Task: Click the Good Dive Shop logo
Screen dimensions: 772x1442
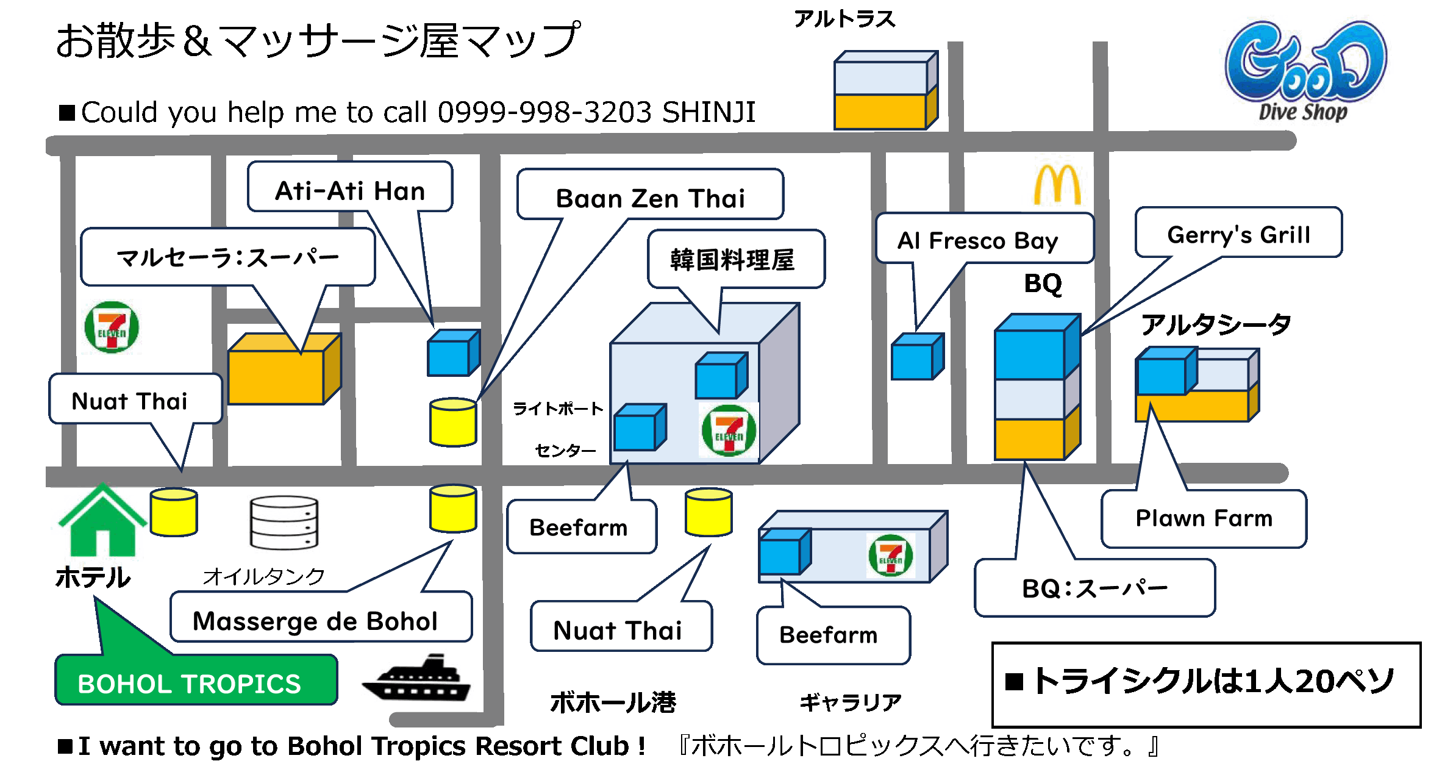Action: coord(1305,71)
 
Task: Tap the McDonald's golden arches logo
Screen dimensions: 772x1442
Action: coord(1057,184)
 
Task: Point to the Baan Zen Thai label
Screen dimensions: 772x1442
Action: coord(650,198)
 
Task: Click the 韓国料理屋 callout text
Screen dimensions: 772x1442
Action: coord(732,260)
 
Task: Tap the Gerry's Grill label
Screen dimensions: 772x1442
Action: coord(1238,234)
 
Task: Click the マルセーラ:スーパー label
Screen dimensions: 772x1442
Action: coord(227,257)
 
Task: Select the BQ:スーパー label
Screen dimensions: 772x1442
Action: coord(1094,588)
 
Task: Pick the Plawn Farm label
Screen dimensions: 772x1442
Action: coord(1204,518)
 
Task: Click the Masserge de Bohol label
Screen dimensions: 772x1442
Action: coord(315,621)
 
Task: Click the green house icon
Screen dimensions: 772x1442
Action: coord(102,523)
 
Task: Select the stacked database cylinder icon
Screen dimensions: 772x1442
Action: coord(284,523)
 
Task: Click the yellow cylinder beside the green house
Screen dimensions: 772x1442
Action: coord(174,512)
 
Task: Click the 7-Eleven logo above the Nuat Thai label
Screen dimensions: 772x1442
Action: coord(112,327)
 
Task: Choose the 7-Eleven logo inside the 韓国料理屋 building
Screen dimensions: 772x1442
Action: coord(729,431)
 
